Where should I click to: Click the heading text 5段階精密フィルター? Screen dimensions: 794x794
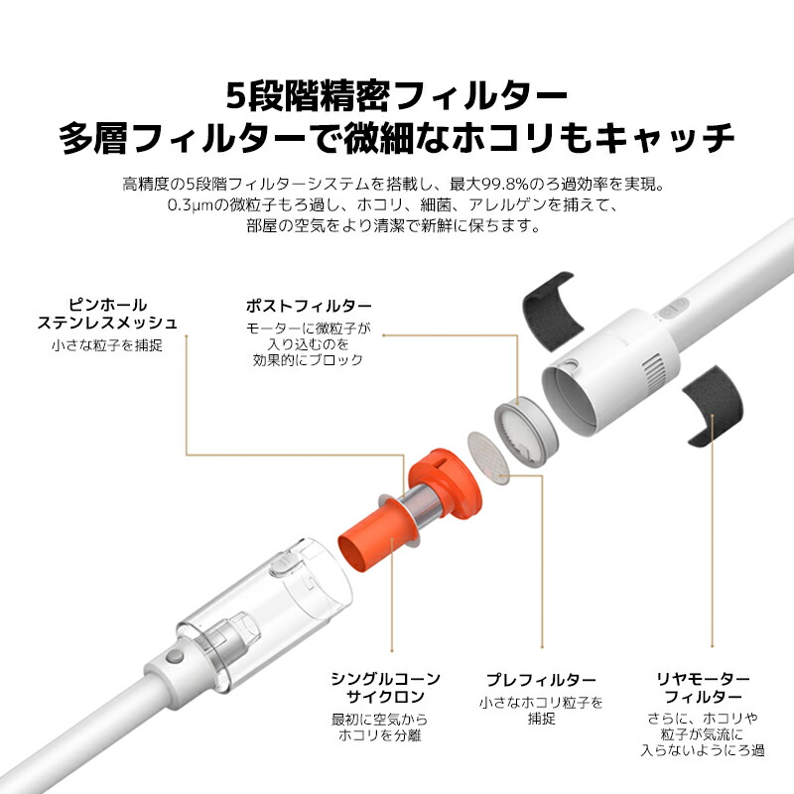(397, 97)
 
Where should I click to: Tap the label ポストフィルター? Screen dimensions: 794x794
(309, 306)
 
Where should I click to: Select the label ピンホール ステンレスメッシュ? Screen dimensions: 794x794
(107, 313)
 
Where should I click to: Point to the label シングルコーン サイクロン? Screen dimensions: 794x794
(386, 688)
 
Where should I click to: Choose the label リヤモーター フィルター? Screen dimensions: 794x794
(703, 688)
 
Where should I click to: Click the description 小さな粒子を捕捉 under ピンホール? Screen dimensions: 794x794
(107, 345)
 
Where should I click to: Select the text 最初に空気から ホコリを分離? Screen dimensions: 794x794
(386, 728)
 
